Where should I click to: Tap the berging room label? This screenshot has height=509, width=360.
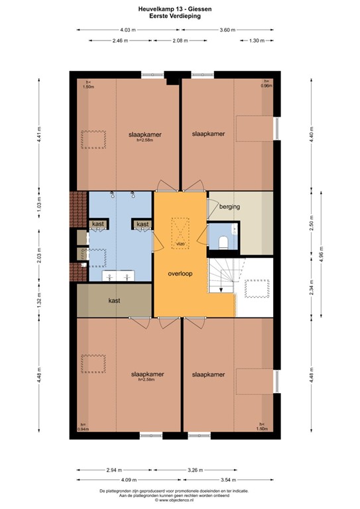pyautogui.click(x=229, y=207)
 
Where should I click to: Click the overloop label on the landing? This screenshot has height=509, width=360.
pyautogui.click(x=180, y=272)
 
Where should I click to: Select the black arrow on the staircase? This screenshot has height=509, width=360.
pyautogui.click(x=221, y=289)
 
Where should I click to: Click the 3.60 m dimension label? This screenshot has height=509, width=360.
pyautogui.click(x=227, y=30)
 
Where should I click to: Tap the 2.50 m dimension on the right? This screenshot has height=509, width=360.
pyautogui.click(x=310, y=224)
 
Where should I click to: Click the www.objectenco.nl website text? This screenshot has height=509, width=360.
pyautogui.click(x=180, y=501)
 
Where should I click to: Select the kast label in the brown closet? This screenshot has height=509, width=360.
pyautogui.click(x=114, y=300)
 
